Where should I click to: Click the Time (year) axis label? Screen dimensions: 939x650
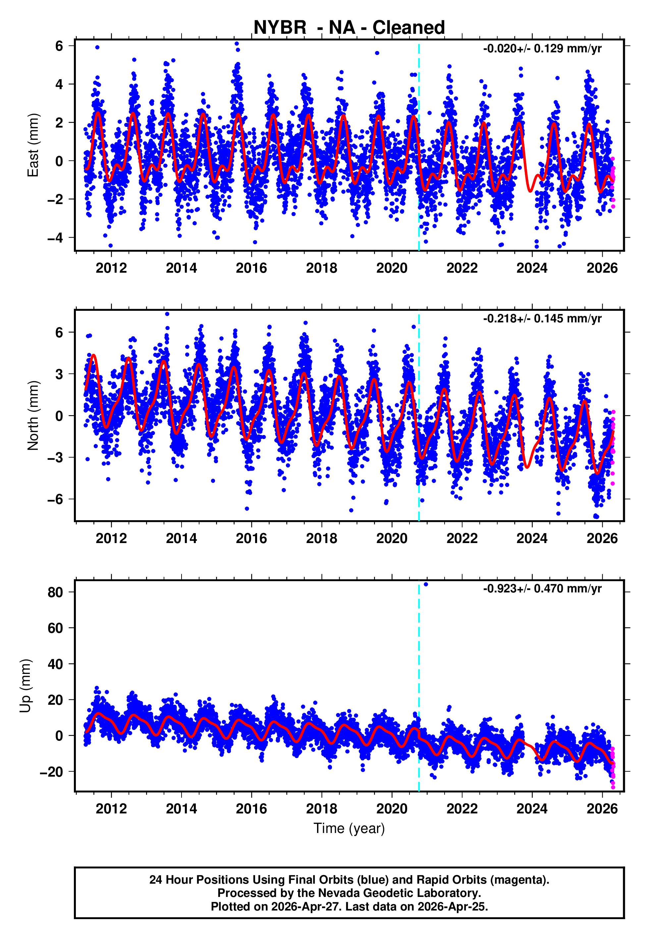pos(349,828)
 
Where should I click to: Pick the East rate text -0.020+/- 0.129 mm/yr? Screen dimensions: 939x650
pos(542,49)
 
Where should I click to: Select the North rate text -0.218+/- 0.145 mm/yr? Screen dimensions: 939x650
pos(542,318)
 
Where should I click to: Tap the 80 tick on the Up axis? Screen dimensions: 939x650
pos(55,592)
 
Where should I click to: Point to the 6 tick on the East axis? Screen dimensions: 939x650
pos(59,46)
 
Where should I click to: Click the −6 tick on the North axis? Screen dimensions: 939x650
pos(55,499)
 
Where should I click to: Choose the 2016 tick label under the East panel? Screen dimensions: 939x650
pos(251,268)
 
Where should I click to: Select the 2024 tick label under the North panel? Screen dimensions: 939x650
pos(532,538)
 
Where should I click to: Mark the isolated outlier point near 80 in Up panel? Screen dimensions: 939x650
pos(426,584)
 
